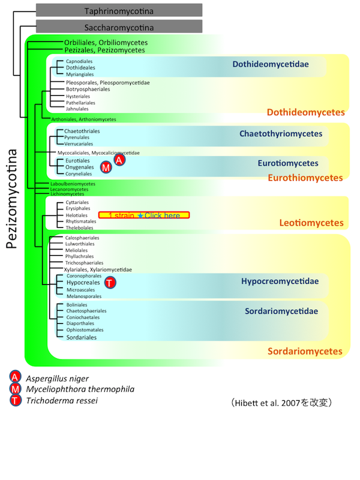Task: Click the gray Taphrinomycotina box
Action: click(119, 10)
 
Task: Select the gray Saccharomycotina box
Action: click(119, 27)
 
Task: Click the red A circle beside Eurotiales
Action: click(119, 160)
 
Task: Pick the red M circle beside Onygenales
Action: click(106, 168)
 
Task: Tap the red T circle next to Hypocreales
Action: click(110, 282)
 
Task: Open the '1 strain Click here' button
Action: click(144, 215)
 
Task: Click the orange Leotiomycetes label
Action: click(311, 223)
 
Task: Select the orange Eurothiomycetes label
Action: click(305, 178)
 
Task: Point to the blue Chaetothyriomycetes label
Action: click(281, 134)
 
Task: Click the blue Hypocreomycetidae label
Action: click(280, 281)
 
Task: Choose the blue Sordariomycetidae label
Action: click(281, 311)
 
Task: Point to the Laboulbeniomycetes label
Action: click(73, 184)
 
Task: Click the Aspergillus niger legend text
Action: click(57, 379)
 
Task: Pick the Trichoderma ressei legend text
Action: click(61, 401)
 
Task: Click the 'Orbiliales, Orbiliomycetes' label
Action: click(106, 43)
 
